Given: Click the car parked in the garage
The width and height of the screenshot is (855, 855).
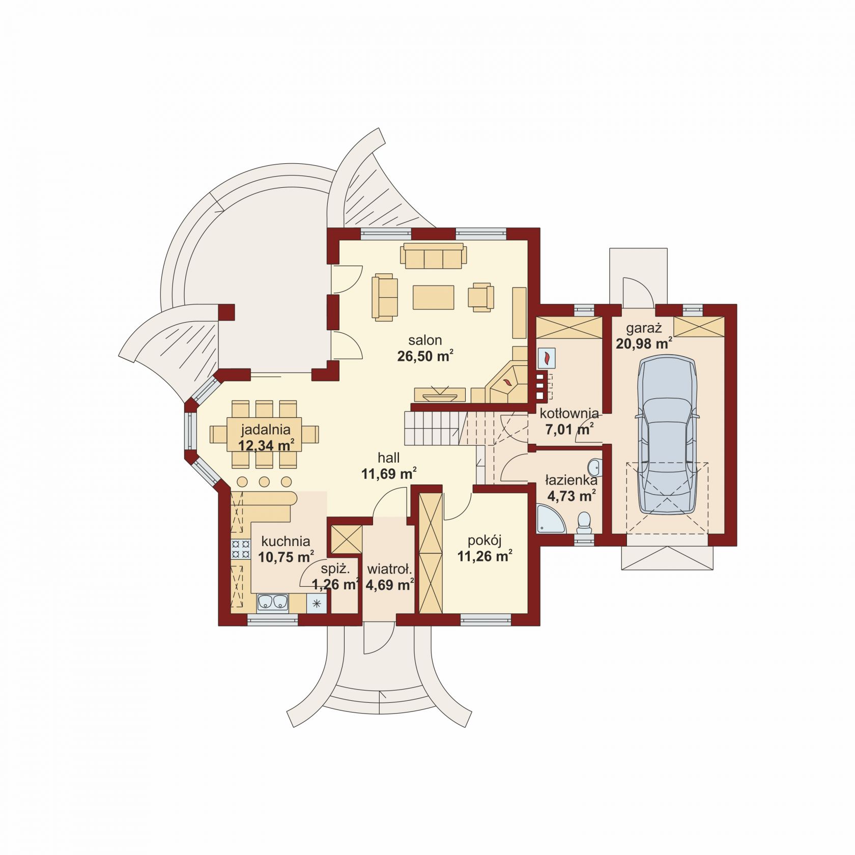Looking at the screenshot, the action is click(667, 435).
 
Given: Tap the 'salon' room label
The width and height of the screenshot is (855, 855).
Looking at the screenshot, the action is click(425, 340).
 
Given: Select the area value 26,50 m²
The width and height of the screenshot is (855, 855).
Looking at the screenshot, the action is click(425, 355).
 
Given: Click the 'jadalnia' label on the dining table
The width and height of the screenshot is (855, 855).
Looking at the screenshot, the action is click(266, 429).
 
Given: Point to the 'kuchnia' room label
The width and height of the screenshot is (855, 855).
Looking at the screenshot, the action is click(286, 541).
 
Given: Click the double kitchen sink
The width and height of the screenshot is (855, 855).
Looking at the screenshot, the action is click(272, 602).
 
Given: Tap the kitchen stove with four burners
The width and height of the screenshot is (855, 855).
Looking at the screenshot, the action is click(241, 549).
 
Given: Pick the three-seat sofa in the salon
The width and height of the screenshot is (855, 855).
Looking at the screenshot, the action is click(434, 256).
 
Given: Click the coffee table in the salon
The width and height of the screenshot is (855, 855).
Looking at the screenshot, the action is click(433, 297).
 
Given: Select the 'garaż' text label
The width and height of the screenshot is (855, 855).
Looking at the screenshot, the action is click(644, 328).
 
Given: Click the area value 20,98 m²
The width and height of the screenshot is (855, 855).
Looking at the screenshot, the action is click(644, 344).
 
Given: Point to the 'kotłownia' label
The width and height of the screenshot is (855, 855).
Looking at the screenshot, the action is click(569, 413).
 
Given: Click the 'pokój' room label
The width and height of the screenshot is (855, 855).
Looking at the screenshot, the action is click(484, 540).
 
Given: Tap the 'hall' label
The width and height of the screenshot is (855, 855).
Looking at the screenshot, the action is click(388, 458).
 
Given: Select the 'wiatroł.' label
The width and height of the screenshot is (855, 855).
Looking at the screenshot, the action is click(389, 569).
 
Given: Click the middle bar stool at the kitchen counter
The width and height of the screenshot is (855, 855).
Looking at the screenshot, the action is click(264, 481).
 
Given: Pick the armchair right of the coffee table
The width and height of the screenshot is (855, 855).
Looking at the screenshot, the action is click(481, 297).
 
